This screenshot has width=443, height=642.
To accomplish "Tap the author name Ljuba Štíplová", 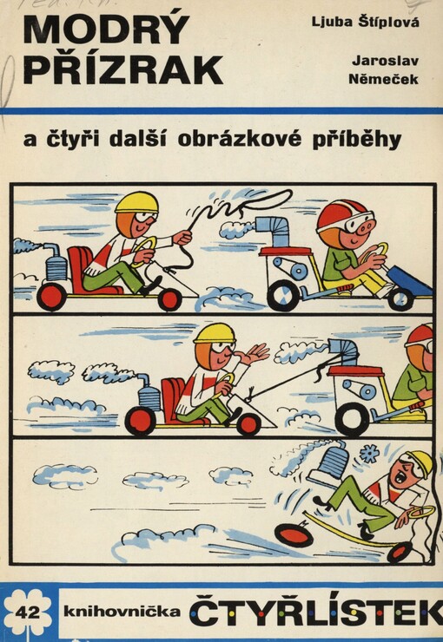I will click(377, 22).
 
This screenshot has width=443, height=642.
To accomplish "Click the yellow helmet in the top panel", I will click(136, 203).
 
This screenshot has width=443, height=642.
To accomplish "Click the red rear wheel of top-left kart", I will click(52, 297).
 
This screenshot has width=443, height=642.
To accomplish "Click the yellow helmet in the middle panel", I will click(214, 334).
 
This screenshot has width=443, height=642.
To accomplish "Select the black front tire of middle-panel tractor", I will click(352, 418).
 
